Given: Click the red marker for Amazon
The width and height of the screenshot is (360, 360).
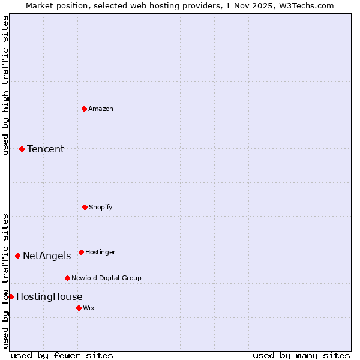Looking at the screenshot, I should tap(84, 109).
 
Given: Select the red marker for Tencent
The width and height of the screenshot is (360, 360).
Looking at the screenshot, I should tap(22, 149).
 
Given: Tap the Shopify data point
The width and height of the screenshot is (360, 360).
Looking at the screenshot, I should tap(85, 207).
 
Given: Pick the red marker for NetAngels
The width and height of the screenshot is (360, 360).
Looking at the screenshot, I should tap(17, 256).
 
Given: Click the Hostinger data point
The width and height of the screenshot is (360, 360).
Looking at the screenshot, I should tap(81, 252).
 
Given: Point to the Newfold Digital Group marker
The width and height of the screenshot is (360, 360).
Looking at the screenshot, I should tap(67, 278).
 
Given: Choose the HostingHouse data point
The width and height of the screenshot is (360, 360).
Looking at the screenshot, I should tap(11, 296).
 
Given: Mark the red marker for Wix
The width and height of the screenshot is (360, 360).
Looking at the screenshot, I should tap(79, 308).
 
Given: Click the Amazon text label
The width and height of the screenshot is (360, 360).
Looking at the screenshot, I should tap(101, 109).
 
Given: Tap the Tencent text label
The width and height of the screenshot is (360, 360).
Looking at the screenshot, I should tap(46, 149).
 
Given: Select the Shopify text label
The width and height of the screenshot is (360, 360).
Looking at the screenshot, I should tap(101, 207).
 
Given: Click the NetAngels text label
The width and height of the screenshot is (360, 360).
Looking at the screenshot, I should tap(47, 256).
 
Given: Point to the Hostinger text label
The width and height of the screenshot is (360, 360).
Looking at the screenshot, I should tap(100, 252).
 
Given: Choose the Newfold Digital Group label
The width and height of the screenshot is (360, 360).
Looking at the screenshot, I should tap(106, 278).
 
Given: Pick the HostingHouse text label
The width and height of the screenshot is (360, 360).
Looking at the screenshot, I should tap(49, 297).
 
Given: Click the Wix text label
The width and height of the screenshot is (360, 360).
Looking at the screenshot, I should tap(89, 308).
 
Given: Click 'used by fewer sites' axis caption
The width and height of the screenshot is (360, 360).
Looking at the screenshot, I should tap(62, 355).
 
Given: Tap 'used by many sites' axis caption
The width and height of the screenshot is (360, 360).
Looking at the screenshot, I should tap(301, 355).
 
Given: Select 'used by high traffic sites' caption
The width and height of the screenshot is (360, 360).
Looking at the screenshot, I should tap(5, 85).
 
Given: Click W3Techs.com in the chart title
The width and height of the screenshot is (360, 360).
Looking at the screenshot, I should tap(305, 5).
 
